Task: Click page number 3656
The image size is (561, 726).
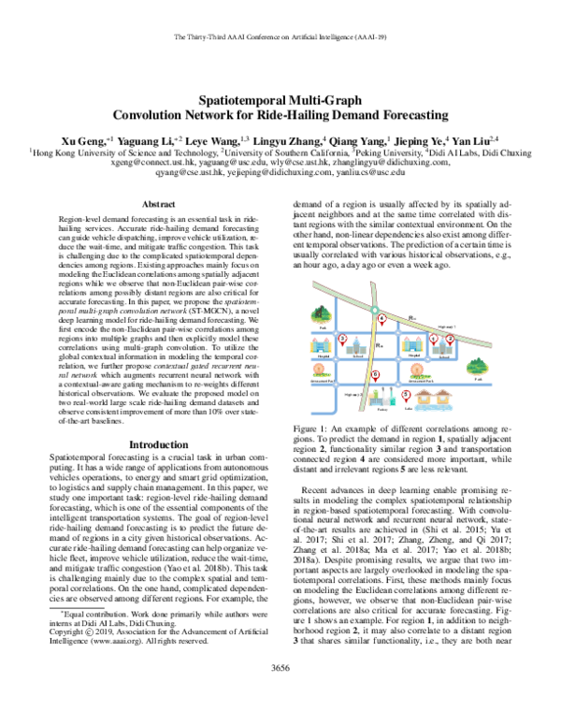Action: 280,694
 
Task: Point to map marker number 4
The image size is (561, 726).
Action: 381,318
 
